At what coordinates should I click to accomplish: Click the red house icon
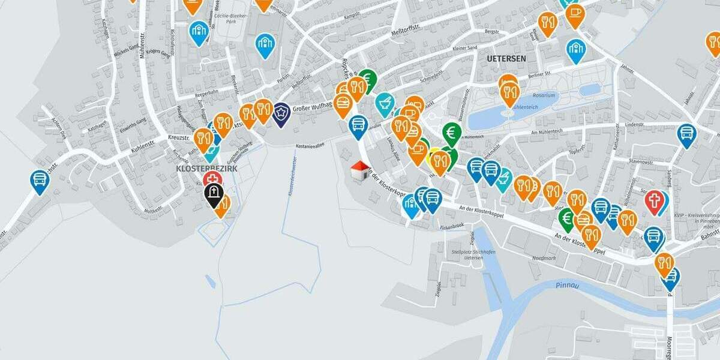[359, 170]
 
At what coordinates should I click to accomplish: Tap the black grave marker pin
[214, 194]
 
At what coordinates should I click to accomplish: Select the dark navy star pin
[281, 113]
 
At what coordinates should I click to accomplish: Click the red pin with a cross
[654, 201]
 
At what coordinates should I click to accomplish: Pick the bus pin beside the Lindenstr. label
[686, 134]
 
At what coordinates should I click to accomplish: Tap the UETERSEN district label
[507, 59]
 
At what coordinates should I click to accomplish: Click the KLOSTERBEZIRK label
[206, 169]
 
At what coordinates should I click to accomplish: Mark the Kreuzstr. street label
[179, 138]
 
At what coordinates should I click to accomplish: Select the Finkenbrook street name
[452, 226]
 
